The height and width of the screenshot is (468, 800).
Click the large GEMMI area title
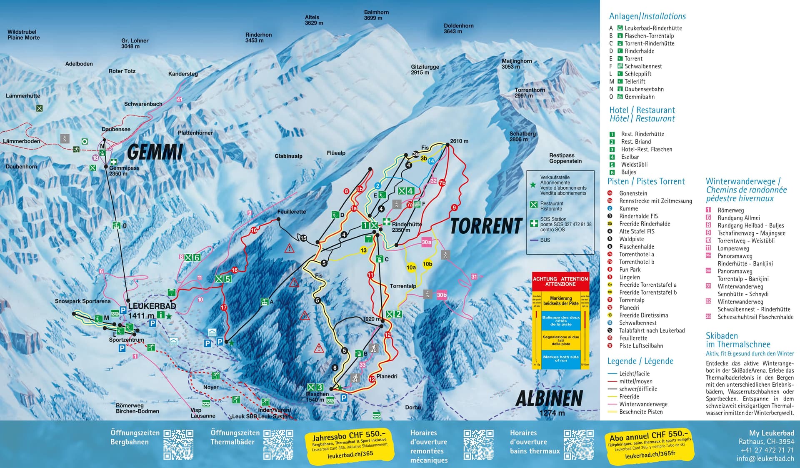coord(155,152)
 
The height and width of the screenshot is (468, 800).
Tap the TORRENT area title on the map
coord(486,226)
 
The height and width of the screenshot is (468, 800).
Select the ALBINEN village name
coord(549,398)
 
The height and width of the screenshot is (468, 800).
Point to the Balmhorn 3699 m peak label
coord(376,15)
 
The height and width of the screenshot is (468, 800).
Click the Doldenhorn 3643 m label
coord(458,28)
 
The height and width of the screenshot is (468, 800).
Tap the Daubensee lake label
coord(116,129)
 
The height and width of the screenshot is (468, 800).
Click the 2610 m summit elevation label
coord(459,141)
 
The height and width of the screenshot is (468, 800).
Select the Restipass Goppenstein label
coord(565,158)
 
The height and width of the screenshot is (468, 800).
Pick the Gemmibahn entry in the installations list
coord(639,97)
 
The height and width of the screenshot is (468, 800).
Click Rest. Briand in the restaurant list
coord(636,142)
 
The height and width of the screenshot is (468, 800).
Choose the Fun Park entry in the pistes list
coord(630,270)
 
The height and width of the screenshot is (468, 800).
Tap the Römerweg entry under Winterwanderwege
coord(730,210)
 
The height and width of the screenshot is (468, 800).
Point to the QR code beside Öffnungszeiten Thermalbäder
coord(278,445)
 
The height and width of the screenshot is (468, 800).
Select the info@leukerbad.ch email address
coord(765,458)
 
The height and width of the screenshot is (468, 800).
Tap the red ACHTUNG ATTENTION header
coord(560,281)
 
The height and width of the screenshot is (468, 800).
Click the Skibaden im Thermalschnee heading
coord(737,340)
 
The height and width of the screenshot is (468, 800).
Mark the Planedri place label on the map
coord(387,376)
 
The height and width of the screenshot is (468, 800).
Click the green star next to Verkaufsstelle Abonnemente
coord(533,185)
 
